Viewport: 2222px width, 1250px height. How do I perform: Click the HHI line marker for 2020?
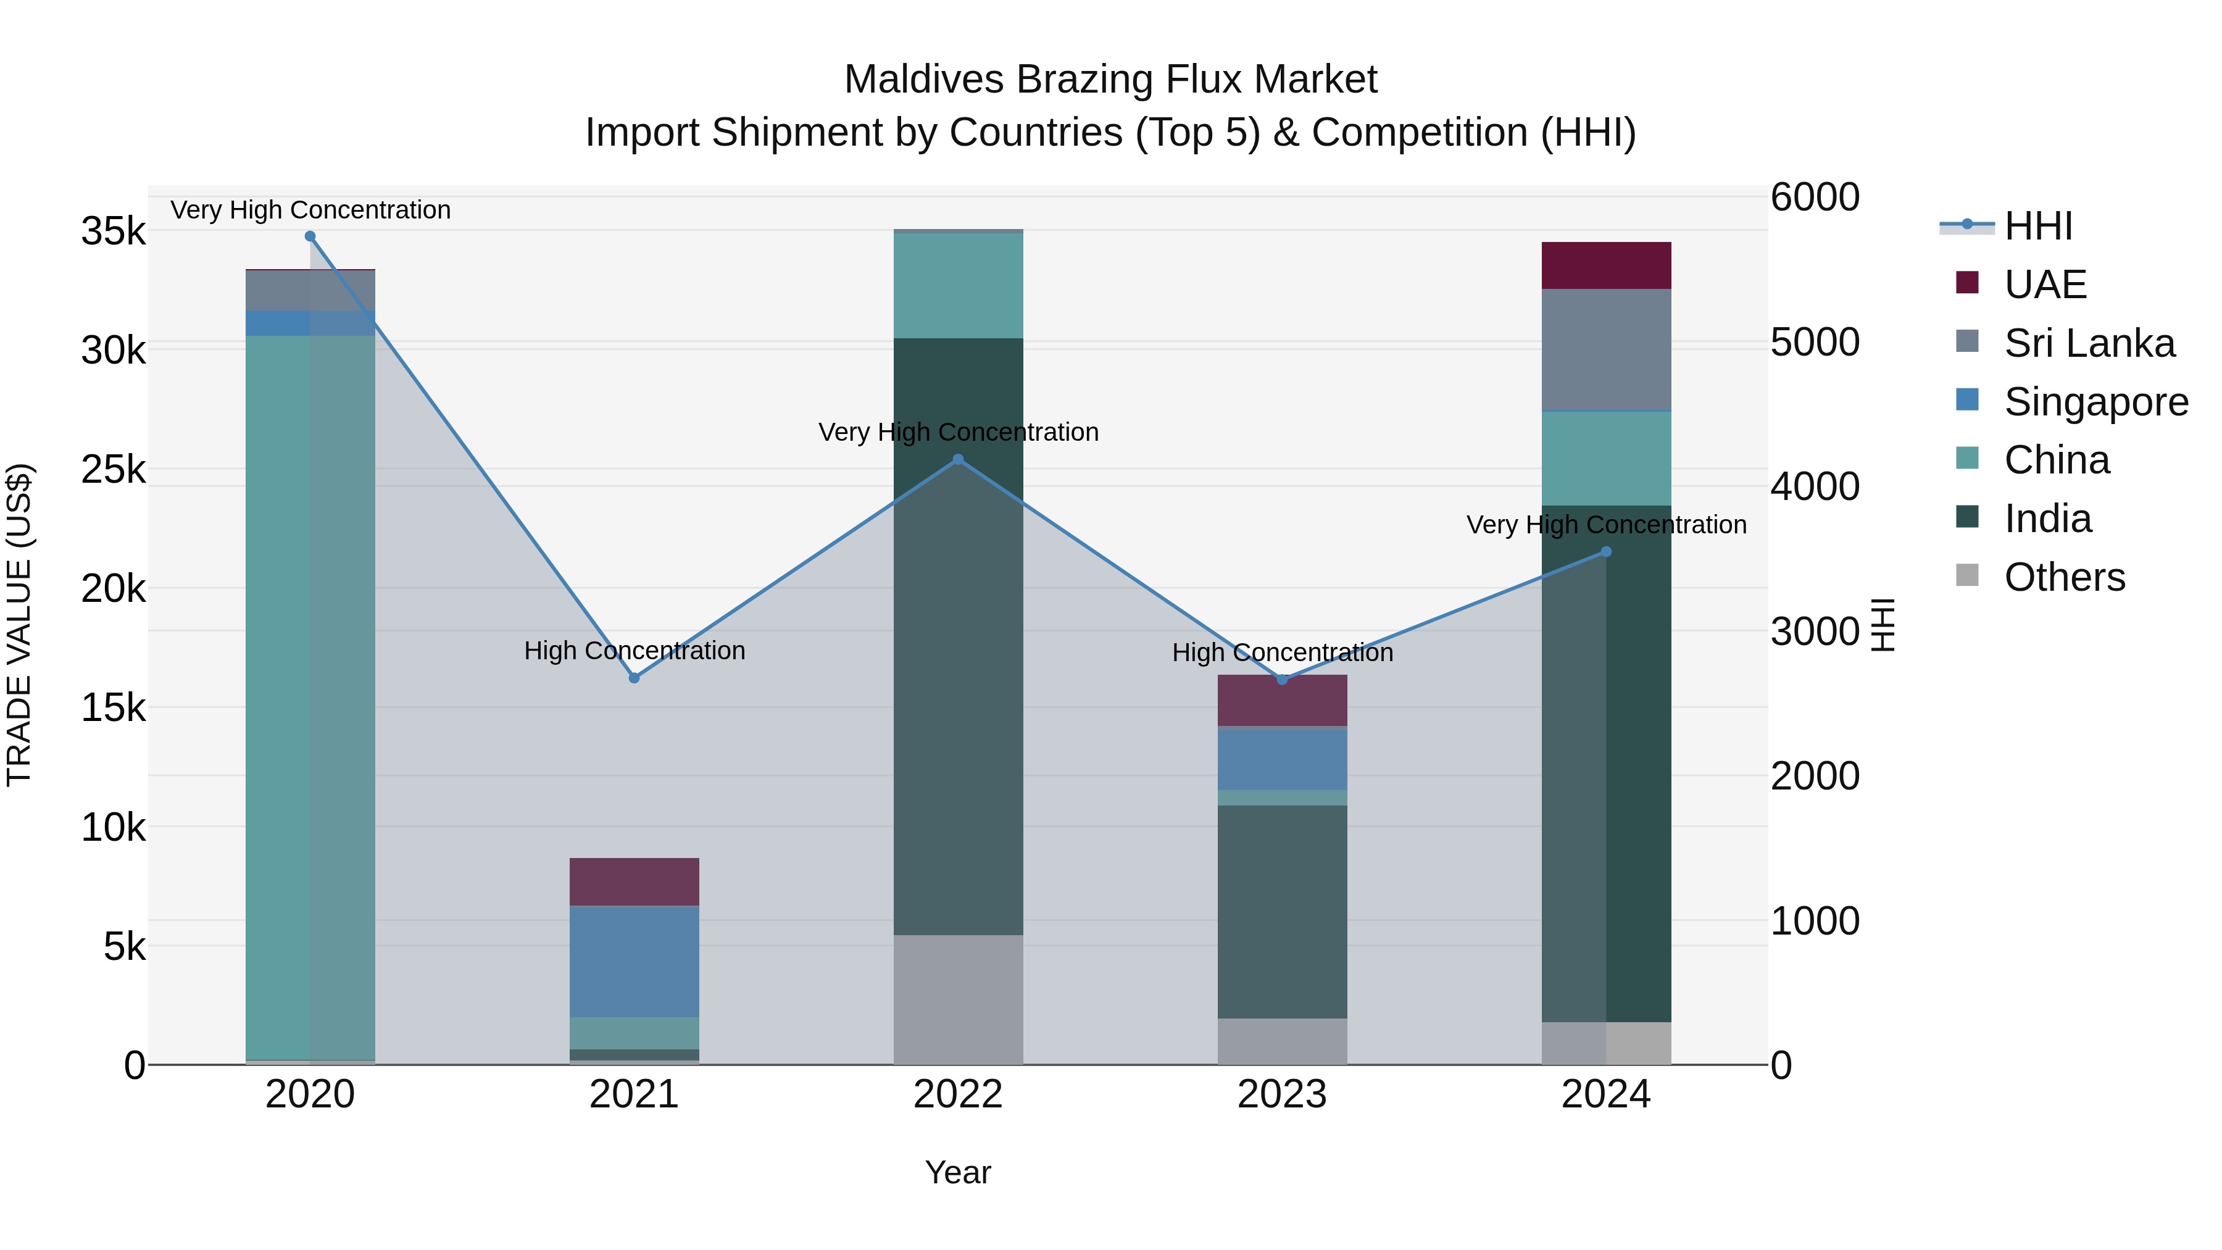click(310, 236)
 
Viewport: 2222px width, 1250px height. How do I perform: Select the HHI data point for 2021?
click(634, 678)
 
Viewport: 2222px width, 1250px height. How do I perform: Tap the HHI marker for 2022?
click(957, 460)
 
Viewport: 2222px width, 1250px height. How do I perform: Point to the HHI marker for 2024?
click(1605, 552)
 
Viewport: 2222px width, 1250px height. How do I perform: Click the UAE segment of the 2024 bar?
click(1605, 265)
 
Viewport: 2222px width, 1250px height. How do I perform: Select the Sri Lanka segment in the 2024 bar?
click(1605, 349)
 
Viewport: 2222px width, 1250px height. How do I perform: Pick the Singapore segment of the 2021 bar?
click(634, 961)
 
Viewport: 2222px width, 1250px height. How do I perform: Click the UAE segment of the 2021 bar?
click(634, 881)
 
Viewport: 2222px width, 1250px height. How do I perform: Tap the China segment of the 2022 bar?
click(957, 285)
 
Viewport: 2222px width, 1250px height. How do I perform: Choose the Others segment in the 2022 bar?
click(957, 999)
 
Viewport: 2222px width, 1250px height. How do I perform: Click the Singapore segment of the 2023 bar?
click(1282, 759)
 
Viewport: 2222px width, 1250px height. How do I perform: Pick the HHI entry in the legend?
click(2037, 226)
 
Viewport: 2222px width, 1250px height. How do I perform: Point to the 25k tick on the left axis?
click(114, 470)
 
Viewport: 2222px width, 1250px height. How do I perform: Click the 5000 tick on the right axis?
click(1814, 343)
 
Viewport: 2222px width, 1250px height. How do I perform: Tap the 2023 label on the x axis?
click(1282, 1094)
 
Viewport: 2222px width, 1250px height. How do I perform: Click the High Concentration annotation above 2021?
click(634, 651)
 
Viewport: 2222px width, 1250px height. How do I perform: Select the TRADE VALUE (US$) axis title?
click(19, 625)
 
